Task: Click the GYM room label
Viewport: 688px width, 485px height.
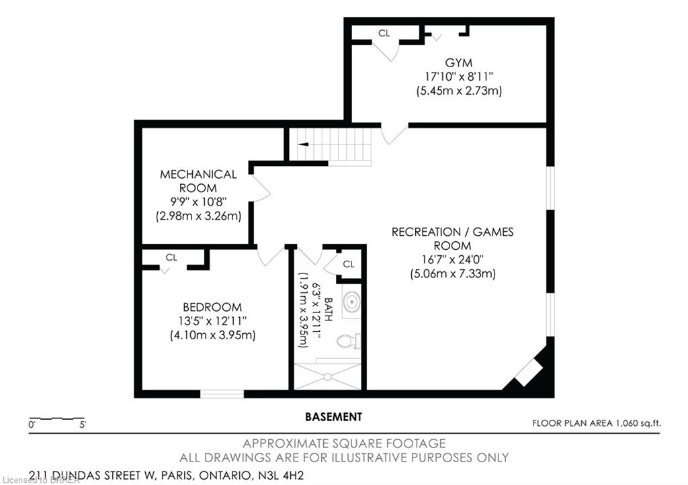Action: pyautogui.click(x=458, y=62)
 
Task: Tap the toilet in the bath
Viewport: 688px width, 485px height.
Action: pyautogui.click(x=349, y=341)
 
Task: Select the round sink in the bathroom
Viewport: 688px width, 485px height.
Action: pyautogui.click(x=351, y=302)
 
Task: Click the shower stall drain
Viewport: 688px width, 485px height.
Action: pyautogui.click(x=327, y=376)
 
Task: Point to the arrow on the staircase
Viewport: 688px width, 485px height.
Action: pyautogui.click(x=303, y=144)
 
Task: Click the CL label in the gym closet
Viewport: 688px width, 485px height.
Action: pyautogui.click(x=384, y=34)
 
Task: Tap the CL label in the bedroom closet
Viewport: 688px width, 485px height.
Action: pyautogui.click(x=171, y=257)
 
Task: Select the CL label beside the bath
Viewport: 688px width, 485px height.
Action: pyautogui.click(x=349, y=264)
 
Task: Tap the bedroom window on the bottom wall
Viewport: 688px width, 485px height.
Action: pyautogui.click(x=222, y=394)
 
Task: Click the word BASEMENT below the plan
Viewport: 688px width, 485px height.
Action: pyautogui.click(x=333, y=416)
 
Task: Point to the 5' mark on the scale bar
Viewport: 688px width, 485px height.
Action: pyautogui.click(x=83, y=425)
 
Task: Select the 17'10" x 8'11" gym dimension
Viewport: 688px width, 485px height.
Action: pyautogui.click(x=458, y=77)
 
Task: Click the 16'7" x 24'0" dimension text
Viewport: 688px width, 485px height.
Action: pyautogui.click(x=452, y=259)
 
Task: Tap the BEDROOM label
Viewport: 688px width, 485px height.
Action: pyautogui.click(x=212, y=307)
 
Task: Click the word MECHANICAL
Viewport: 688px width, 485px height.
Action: pyautogui.click(x=198, y=174)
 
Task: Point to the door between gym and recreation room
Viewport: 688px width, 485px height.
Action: pyautogui.click(x=394, y=134)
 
